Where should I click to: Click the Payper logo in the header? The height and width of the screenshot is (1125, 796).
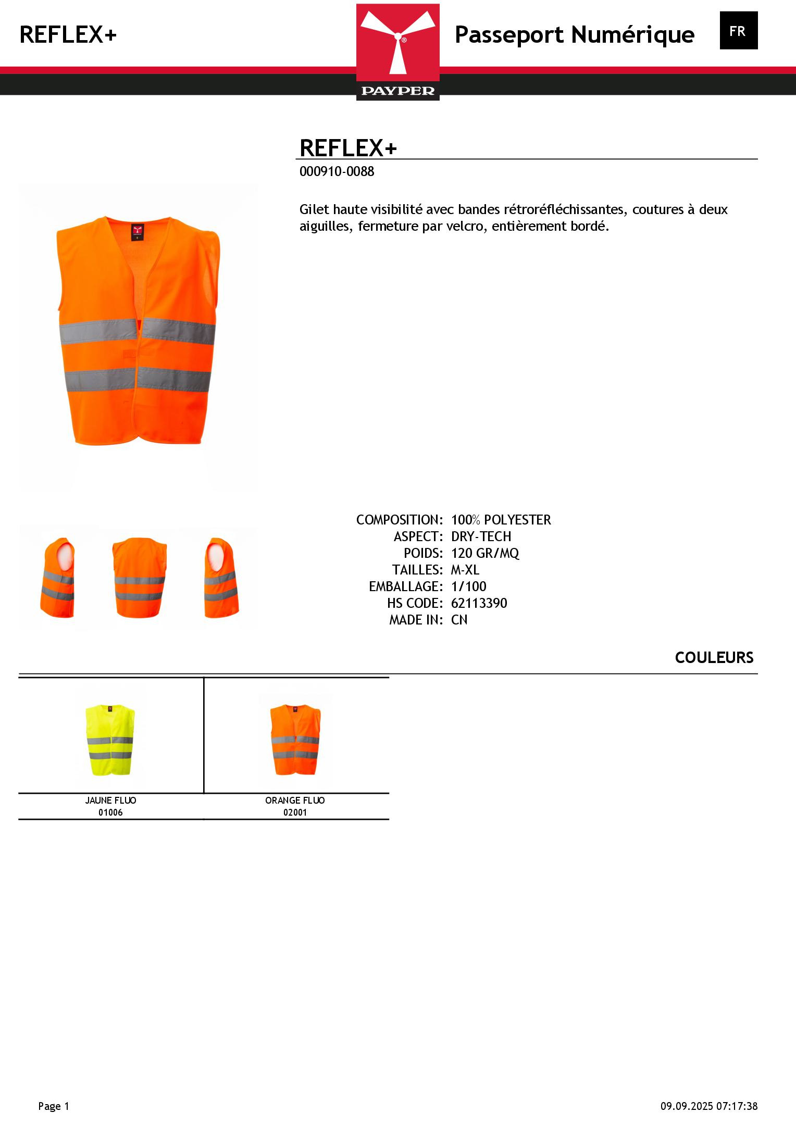click(397, 52)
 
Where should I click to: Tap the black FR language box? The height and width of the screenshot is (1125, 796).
click(738, 31)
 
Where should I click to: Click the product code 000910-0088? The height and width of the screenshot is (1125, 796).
click(337, 171)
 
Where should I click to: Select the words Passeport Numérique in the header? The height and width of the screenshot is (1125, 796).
click(574, 35)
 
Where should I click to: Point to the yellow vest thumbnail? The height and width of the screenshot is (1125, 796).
click(110, 739)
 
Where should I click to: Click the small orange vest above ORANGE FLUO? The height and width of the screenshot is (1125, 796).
click(295, 739)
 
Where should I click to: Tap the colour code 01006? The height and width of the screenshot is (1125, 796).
click(110, 812)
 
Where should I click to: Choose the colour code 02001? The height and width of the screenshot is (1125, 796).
click(295, 812)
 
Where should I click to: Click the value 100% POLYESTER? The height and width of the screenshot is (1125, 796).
click(501, 520)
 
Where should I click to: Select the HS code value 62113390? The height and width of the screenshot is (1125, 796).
click(479, 603)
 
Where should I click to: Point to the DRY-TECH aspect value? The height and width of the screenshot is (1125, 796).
click(481, 536)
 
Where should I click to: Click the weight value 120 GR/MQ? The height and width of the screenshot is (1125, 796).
click(485, 553)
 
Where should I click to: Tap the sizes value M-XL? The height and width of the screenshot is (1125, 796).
click(465, 570)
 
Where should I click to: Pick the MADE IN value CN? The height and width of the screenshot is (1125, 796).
click(459, 620)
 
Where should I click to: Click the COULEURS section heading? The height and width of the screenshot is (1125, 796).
click(714, 658)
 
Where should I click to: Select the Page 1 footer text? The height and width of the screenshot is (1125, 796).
click(54, 1106)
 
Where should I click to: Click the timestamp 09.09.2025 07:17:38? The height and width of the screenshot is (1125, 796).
click(708, 1106)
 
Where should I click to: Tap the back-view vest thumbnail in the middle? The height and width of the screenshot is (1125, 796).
click(139, 578)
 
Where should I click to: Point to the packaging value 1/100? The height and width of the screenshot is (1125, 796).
click(468, 586)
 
